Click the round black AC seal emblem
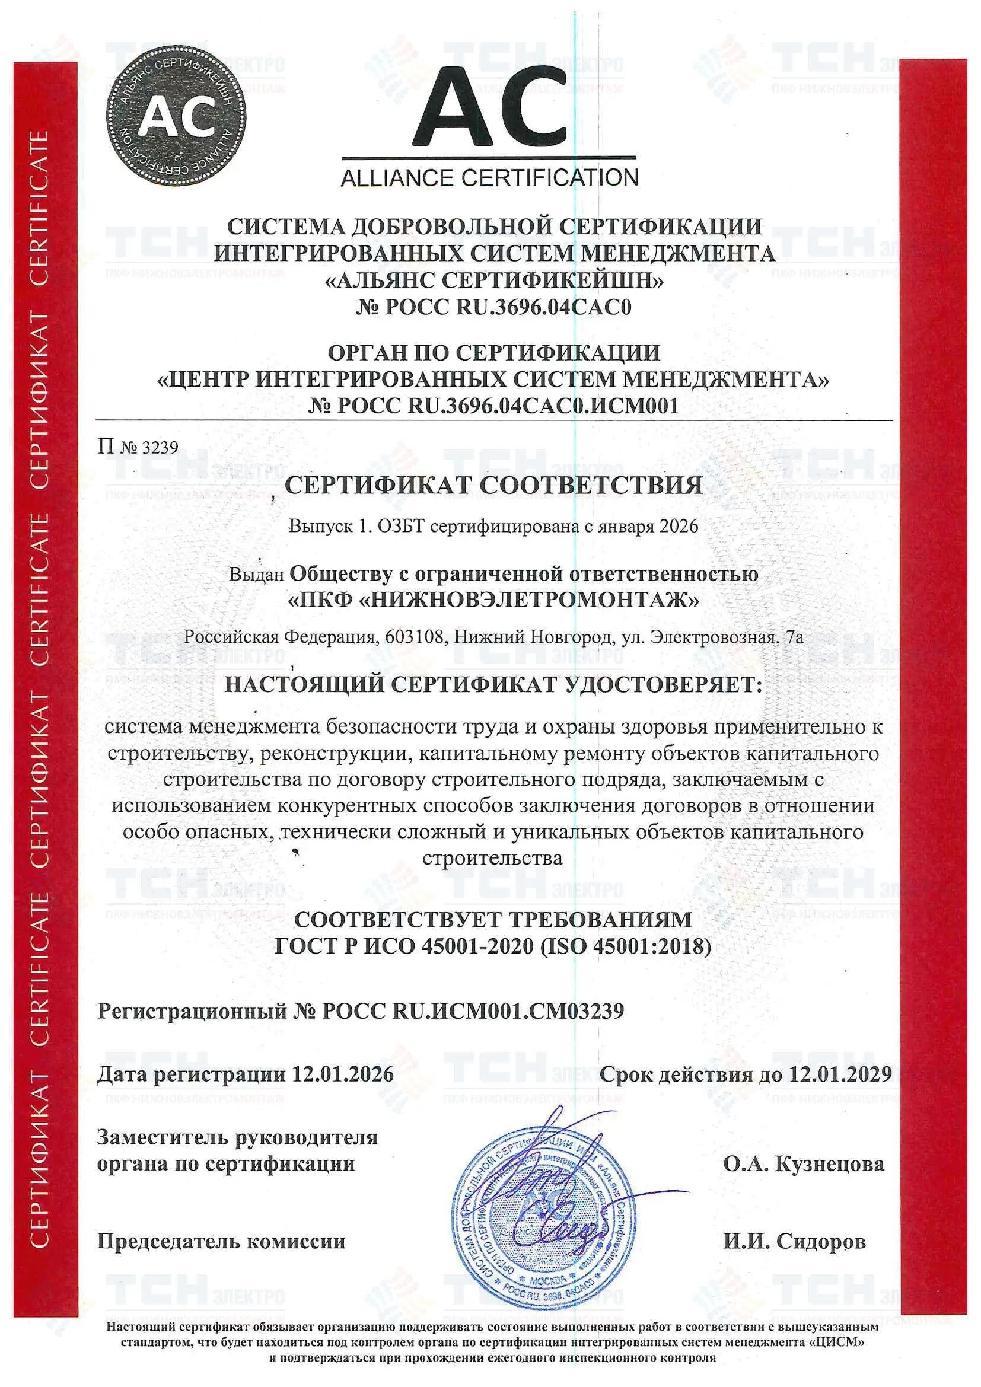[176, 116]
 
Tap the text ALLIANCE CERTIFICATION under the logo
[490, 178]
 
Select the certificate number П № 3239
[138, 448]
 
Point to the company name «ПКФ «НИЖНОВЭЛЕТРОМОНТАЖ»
[493, 600]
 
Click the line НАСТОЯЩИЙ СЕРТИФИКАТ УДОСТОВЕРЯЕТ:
[493, 685]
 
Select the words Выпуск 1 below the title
[328, 526]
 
